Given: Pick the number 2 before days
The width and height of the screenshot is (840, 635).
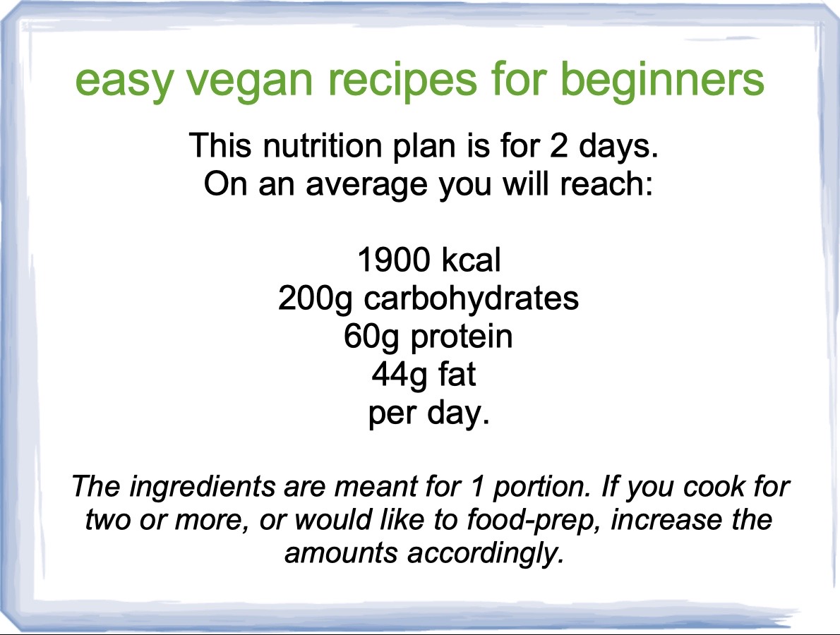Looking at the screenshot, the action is click(558, 145).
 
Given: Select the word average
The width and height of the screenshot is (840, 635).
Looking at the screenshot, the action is click(367, 186).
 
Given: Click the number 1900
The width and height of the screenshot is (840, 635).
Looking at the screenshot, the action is click(394, 260).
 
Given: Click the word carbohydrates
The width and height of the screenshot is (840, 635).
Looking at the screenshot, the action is click(472, 298).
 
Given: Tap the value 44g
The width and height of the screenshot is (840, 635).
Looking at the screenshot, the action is click(399, 376).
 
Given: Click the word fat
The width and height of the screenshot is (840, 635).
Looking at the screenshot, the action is click(457, 374).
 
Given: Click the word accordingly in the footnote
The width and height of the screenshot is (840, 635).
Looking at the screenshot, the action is click(486, 554).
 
